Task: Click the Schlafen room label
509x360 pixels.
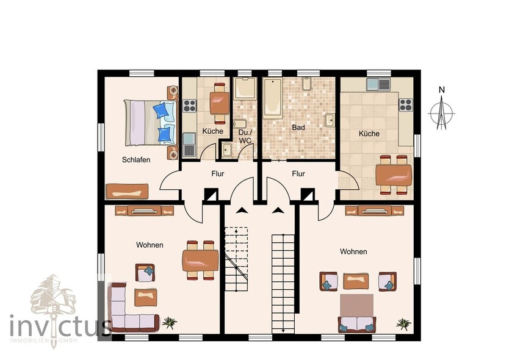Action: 136,160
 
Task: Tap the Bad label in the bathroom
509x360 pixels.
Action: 298,128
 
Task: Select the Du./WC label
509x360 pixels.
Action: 245,137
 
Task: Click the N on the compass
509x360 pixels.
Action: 441,90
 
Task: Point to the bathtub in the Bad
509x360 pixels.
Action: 272,98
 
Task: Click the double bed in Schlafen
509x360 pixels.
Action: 150,123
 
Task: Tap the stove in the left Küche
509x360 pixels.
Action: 189,106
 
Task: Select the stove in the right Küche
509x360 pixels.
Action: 406,105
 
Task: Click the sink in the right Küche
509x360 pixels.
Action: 379,85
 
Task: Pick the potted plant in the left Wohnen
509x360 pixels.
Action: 170,323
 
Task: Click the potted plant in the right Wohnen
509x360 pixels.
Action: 403,324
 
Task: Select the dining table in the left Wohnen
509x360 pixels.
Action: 200,261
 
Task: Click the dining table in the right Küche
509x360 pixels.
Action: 394,175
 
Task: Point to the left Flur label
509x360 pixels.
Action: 217,174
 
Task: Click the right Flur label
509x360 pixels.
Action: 298,174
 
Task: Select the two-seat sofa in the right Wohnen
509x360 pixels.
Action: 357,324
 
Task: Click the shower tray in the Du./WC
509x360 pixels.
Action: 245,88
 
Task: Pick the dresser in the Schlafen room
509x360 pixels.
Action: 127,192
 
